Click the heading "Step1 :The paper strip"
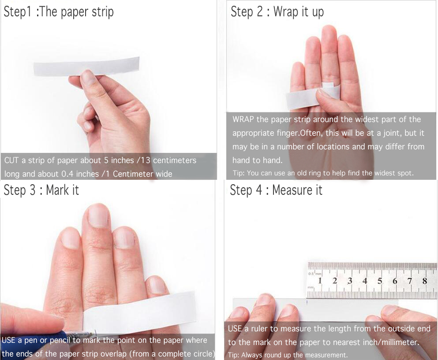point(59,12)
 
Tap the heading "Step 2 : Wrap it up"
point(277,12)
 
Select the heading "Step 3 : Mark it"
point(41,190)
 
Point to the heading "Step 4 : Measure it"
point(276,190)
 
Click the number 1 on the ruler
point(319,280)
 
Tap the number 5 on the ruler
point(380,280)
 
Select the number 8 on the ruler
point(425,280)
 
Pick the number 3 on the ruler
point(350,280)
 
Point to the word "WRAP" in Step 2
point(243,119)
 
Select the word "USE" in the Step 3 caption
point(8,340)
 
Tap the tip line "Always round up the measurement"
point(288,355)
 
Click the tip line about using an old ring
point(323,173)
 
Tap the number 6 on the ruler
point(395,280)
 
